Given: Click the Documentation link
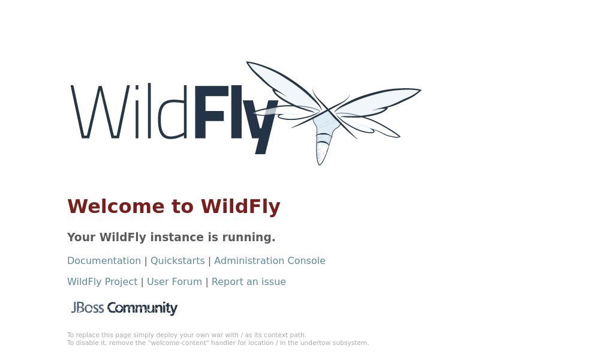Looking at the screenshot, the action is (104, 260).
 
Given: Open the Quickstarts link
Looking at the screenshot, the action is (177, 260).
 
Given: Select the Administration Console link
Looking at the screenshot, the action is (270, 260).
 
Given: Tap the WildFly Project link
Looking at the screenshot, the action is (102, 281).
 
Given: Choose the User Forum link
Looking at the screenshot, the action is (174, 281).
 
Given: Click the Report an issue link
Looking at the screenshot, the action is (249, 281).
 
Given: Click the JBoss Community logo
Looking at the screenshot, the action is (124, 308).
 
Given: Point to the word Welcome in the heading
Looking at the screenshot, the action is (116, 206).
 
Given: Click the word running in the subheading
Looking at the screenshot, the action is (249, 238).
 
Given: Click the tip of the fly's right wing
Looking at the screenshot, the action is (420, 90).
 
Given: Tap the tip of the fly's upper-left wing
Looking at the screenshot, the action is (247, 62).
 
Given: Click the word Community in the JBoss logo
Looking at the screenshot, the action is (142, 308).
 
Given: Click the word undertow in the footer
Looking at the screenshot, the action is (314, 343).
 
